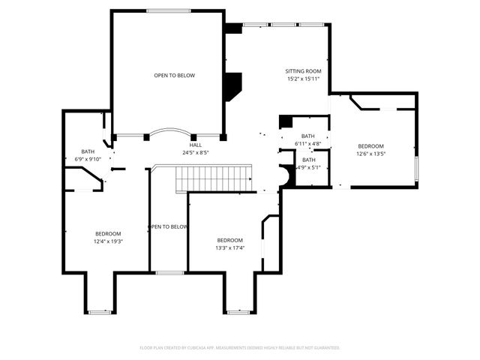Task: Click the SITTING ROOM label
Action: [303, 71]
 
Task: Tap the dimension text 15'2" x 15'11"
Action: [303, 79]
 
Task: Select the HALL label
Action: [195, 145]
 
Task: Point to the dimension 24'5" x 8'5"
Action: [195, 152]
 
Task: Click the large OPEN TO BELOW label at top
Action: [169, 76]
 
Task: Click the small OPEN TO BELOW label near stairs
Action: [168, 226]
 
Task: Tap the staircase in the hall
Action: [212, 179]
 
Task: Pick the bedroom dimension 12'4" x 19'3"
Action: [108, 241]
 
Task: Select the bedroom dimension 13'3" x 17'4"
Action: [230, 247]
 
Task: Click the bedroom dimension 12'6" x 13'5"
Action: [370, 154]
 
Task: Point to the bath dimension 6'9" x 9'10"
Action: [88, 159]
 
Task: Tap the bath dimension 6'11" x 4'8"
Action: [307, 143]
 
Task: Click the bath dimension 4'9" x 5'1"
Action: [308, 167]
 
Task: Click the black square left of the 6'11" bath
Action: [285, 122]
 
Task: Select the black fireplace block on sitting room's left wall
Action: [233, 86]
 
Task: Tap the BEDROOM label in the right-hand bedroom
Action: [370, 146]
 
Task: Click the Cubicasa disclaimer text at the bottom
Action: [240, 348]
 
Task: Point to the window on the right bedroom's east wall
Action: [416, 169]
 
